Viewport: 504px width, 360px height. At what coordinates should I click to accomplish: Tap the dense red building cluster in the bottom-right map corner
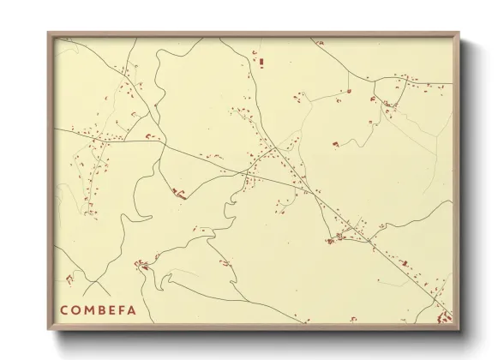(x=445, y=316)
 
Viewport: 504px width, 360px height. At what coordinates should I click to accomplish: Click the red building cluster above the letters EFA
(x=144, y=267)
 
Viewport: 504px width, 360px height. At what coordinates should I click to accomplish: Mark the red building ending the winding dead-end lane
(x=180, y=195)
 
